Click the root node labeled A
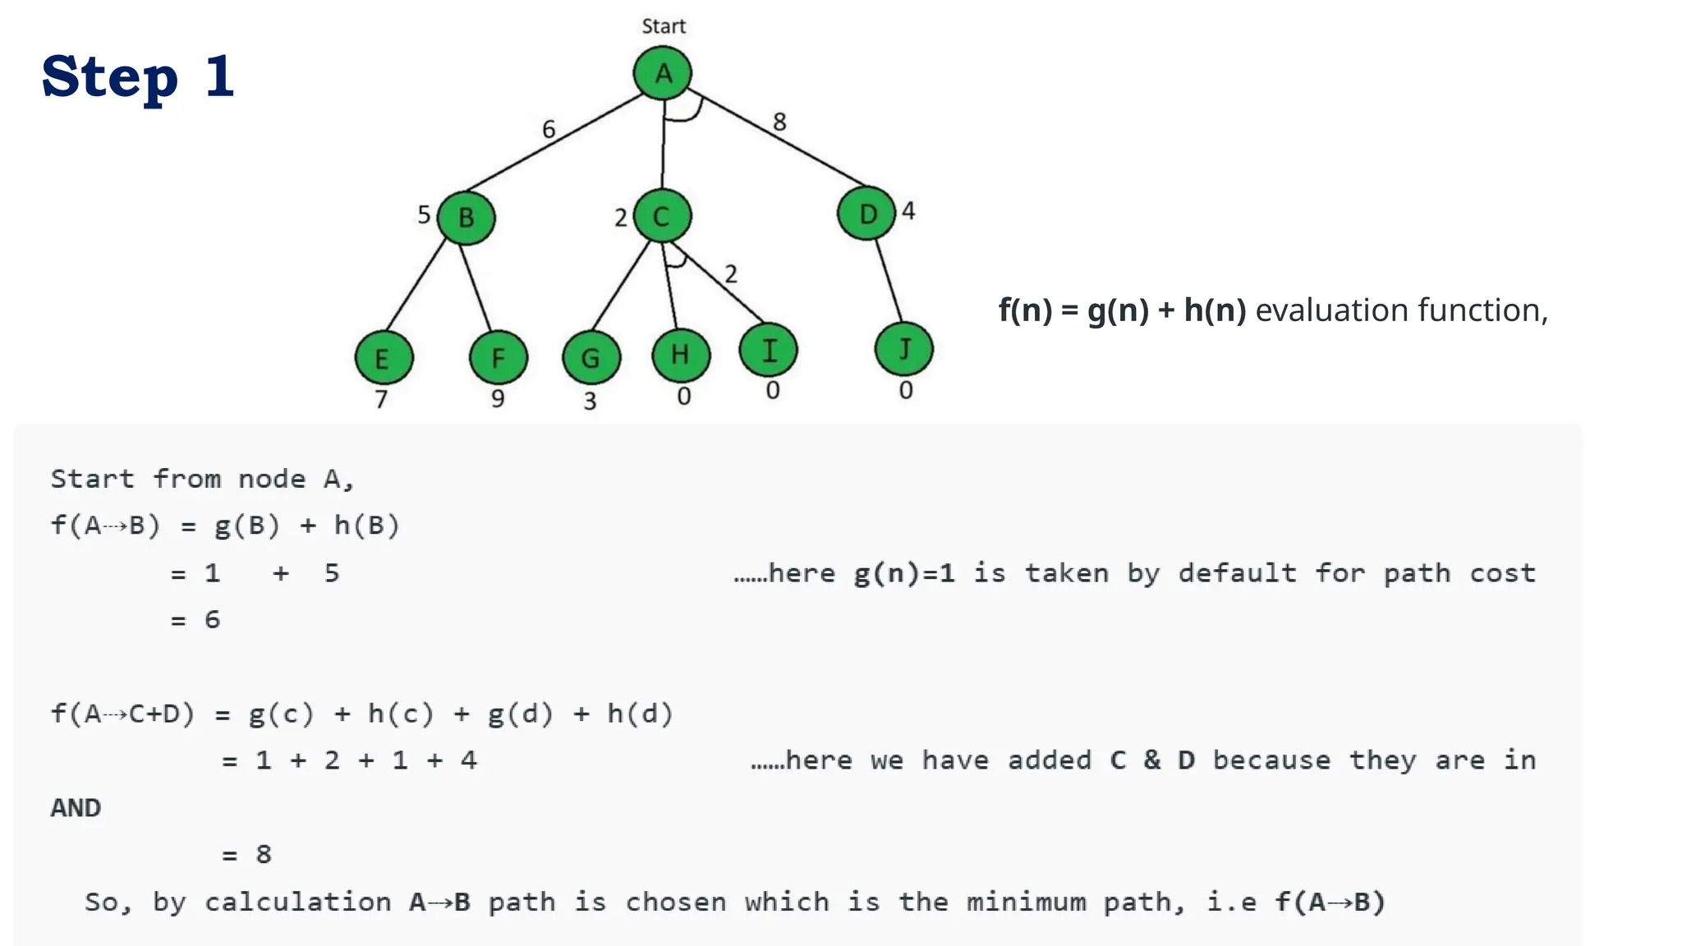coord(662,73)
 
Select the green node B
coord(466,218)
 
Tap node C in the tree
coord(662,216)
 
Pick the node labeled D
coord(866,214)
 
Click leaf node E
coord(384,358)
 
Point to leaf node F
coord(498,357)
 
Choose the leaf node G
coord(591,357)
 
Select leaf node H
coord(680,354)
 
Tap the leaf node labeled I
coord(768,350)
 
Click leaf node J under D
coord(903,349)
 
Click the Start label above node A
coord(664,26)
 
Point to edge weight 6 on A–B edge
coord(549,129)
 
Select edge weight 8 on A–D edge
coord(779,122)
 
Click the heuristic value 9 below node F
coord(498,398)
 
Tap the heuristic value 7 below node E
coord(381,399)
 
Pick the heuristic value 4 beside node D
coord(908,210)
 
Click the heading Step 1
coord(138,76)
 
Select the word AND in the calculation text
coord(76,808)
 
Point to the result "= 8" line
coord(247,855)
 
